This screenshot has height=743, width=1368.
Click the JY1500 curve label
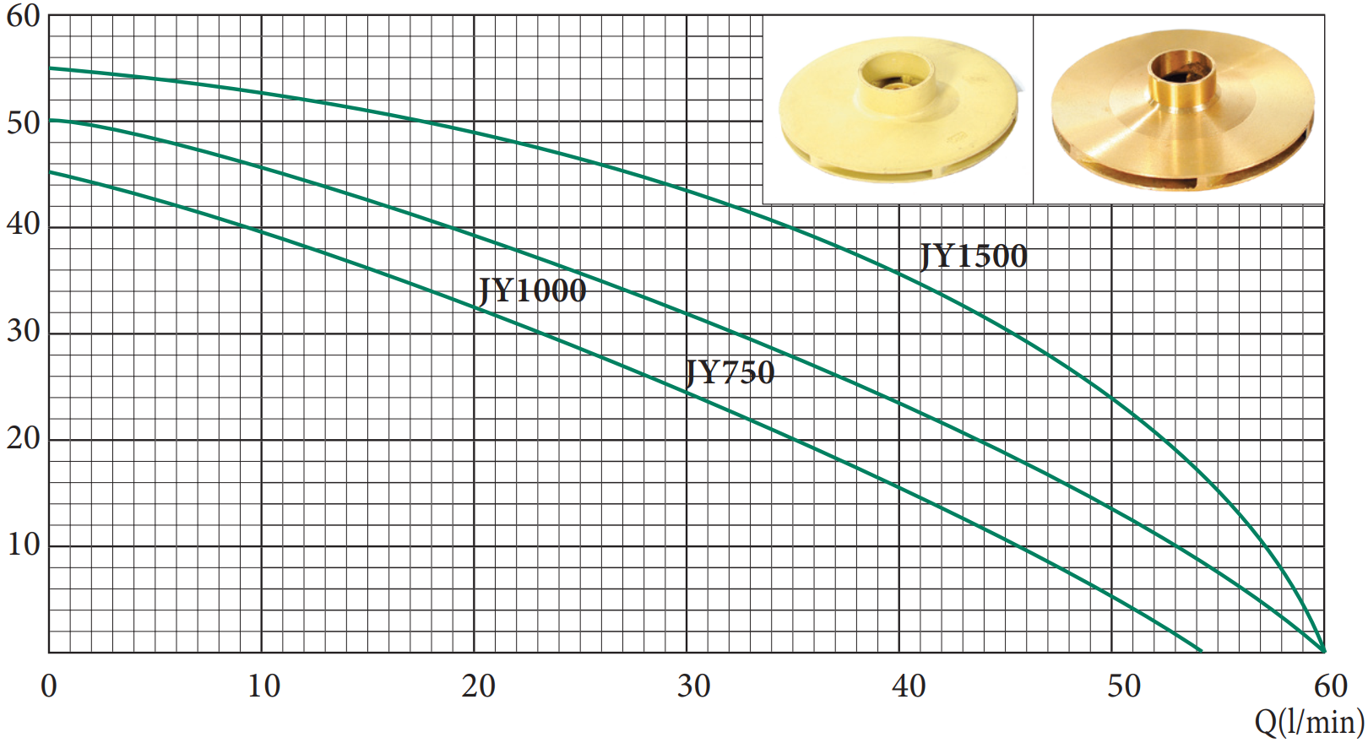pos(974,256)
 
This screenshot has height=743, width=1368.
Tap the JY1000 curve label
pos(532,290)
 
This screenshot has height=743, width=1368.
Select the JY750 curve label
pos(730,372)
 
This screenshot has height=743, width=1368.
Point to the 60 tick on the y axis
pos(24,17)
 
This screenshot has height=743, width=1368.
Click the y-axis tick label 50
pos(24,123)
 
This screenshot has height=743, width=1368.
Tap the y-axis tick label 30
pos(24,331)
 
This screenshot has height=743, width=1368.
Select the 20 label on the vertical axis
pos(24,437)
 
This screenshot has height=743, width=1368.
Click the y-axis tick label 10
pos(24,544)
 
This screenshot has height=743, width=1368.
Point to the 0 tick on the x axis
pos(49,686)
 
